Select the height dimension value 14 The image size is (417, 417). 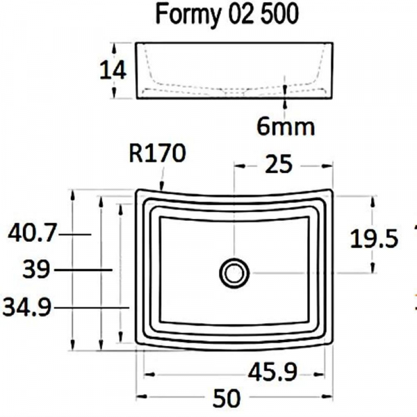point(113,70)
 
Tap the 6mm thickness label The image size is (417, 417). point(286,126)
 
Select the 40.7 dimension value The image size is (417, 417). point(31,234)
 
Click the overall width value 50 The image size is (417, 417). point(225,398)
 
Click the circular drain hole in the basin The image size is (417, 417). point(234,272)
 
